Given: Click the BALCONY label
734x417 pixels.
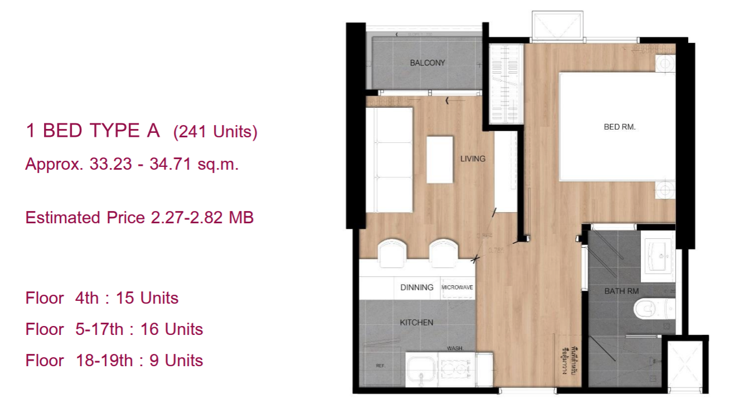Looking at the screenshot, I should click(427, 63).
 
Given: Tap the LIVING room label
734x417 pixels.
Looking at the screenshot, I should click(473, 159).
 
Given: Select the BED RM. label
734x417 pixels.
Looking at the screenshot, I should click(620, 127).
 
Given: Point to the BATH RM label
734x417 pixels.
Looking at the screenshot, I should click(621, 291).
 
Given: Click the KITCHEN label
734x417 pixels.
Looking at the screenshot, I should click(416, 323).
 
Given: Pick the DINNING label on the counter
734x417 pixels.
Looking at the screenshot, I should click(416, 287).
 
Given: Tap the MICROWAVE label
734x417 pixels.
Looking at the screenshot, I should click(458, 288).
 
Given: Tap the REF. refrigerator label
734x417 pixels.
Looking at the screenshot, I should click(380, 366).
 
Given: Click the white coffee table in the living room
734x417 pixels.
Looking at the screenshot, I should click(440, 160).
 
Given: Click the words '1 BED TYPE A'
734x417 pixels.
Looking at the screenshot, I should click(93, 131).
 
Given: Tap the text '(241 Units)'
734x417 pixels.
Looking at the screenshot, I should click(215, 133).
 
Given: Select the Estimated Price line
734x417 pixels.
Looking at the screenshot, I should click(139, 218).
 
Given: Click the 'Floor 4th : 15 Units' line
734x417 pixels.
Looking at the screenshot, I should click(102, 298).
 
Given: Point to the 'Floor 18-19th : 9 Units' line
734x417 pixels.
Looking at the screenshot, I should click(114, 361).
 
